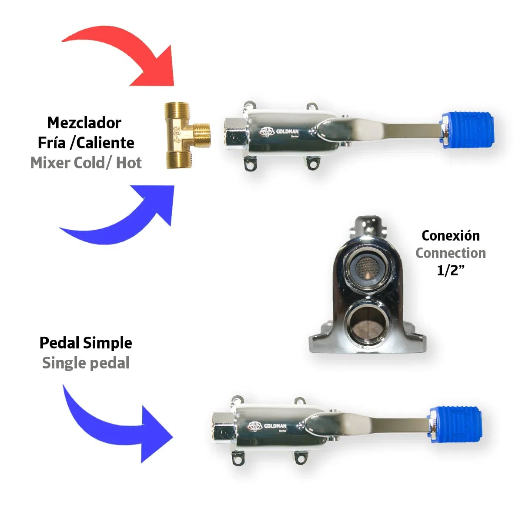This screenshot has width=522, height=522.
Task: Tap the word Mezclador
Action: click(84, 123)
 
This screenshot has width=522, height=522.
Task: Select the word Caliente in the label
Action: click(105, 143)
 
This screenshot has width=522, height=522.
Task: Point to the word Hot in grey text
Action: click(129, 163)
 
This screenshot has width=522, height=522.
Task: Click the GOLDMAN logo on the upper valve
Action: click(279, 132)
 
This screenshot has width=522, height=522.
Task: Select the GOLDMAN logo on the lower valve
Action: click(267, 426)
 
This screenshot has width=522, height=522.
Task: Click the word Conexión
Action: click(451, 235)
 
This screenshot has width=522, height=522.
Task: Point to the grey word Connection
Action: click(451, 253)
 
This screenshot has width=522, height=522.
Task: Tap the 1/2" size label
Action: click(451, 270)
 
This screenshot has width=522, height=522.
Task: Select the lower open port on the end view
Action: click(368, 323)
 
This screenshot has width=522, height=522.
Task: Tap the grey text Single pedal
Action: click(86, 363)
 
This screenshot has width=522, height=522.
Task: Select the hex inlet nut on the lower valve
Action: click(223, 429)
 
